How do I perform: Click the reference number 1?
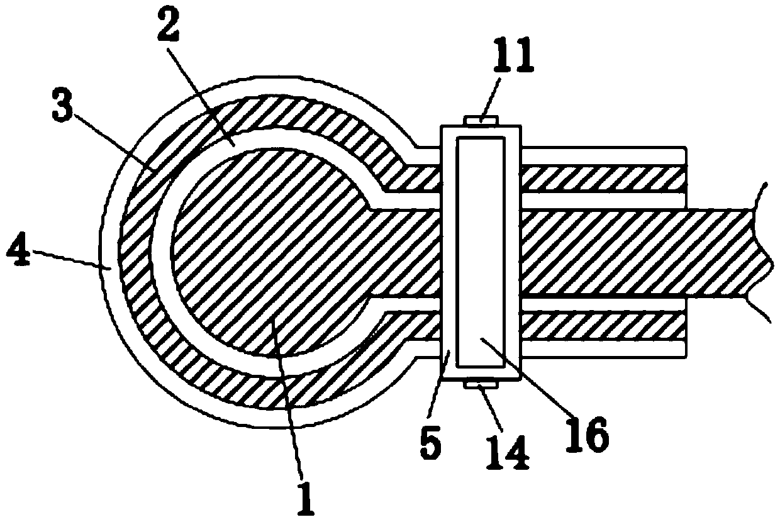307,497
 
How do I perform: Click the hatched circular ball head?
264,252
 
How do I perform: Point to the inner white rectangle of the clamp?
481,252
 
